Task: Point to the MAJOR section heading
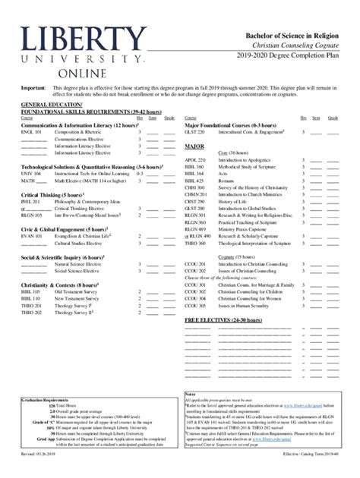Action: click(194, 146)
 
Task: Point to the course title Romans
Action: click(226, 181)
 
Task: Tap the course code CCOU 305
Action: click(196, 307)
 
